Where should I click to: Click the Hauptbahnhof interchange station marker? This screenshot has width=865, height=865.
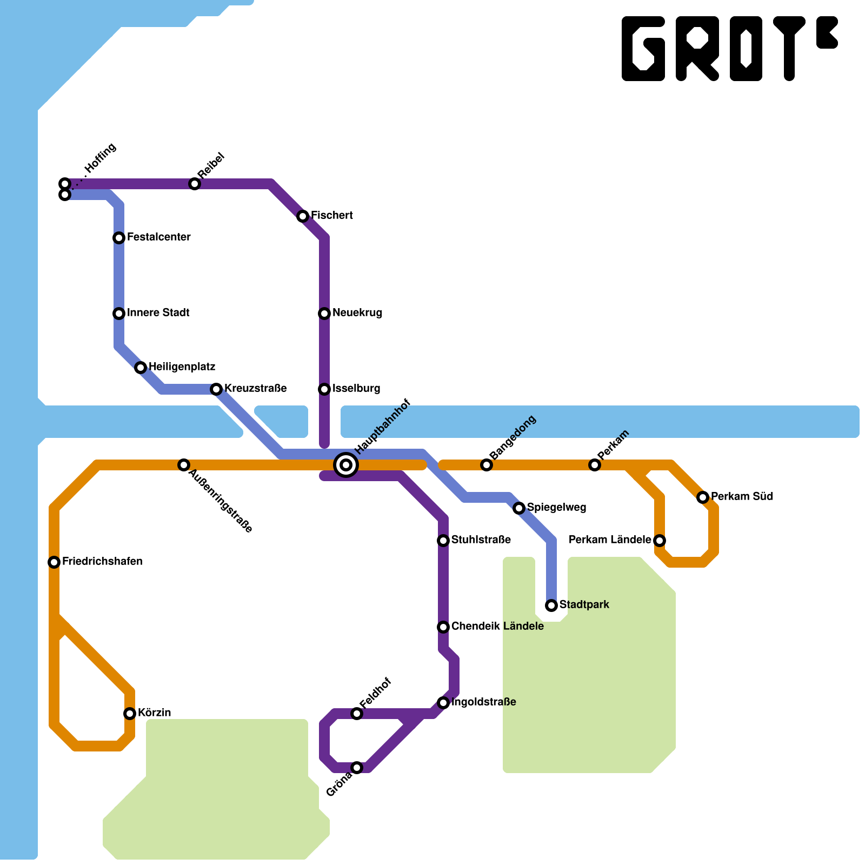pyautogui.click(x=346, y=464)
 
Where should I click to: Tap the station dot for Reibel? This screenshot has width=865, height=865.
pyautogui.click(x=195, y=184)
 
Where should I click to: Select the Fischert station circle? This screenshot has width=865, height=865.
pyautogui.click(x=303, y=217)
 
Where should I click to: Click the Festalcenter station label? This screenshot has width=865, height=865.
pyautogui.click(x=158, y=237)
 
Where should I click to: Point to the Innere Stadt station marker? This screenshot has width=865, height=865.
pyautogui.click(x=119, y=314)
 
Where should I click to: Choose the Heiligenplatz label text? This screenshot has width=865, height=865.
pyautogui.click(x=182, y=367)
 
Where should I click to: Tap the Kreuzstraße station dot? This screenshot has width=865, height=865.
pyautogui.click(x=216, y=389)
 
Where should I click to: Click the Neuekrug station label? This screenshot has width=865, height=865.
pyautogui.click(x=357, y=313)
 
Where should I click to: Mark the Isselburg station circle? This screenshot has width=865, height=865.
pyautogui.click(x=324, y=389)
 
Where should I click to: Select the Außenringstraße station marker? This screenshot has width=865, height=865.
pyautogui.click(x=184, y=465)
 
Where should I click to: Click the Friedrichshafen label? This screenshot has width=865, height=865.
pyautogui.click(x=102, y=562)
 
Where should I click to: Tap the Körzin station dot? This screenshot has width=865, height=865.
pyautogui.click(x=130, y=714)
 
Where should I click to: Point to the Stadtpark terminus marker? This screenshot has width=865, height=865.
pyautogui.click(x=551, y=605)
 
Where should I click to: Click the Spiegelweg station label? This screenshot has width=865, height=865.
pyautogui.click(x=556, y=508)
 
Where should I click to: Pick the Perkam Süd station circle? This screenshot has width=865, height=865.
pyautogui.click(x=703, y=497)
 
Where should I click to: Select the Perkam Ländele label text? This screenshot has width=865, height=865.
pyautogui.click(x=610, y=540)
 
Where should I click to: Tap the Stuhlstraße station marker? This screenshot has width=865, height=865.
pyautogui.click(x=443, y=541)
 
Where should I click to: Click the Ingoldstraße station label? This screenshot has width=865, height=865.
pyautogui.click(x=483, y=702)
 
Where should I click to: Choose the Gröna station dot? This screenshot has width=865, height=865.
pyautogui.click(x=357, y=768)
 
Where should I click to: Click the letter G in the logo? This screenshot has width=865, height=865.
pyautogui.click(x=643, y=49)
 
